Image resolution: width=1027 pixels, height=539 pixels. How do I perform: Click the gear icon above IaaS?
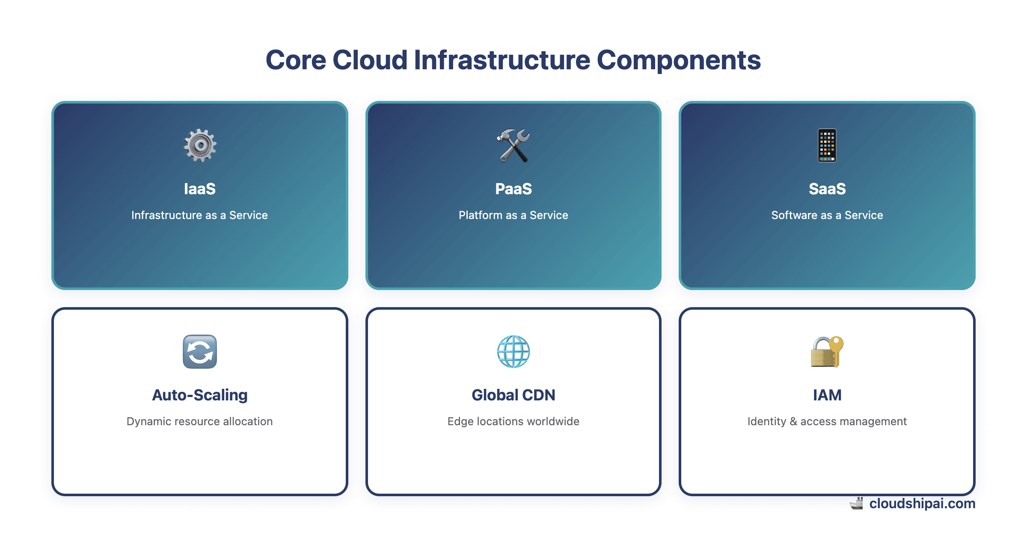200,145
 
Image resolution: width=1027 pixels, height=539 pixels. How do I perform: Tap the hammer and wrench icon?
513,145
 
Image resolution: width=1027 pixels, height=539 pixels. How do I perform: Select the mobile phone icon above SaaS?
827,145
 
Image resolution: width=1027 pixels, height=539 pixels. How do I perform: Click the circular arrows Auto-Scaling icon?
200,352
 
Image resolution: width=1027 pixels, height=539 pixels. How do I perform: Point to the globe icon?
513,352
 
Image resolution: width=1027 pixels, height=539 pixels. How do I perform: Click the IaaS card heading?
200,189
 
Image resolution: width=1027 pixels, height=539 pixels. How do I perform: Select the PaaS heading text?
513,189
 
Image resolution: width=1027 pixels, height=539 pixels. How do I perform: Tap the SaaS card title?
827,189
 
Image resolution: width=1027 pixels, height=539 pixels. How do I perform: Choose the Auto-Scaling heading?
200,395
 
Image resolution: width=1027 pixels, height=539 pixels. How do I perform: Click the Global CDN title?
513,395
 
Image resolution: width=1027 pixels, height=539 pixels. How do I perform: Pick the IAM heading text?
827,395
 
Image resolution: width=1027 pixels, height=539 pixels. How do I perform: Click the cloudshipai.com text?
922,503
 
